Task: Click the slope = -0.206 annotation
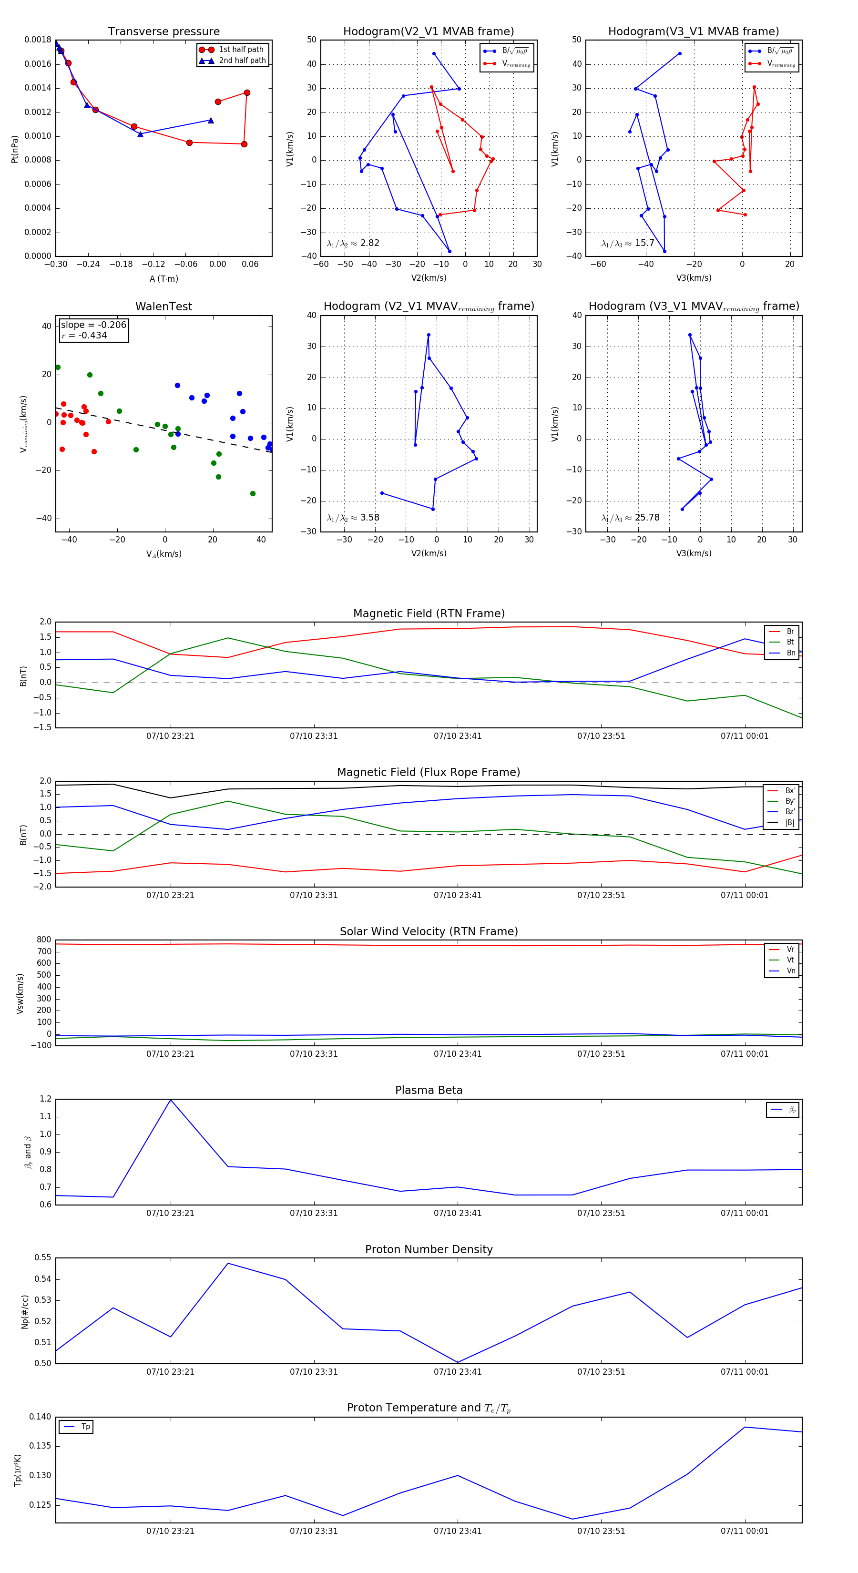click(93, 325)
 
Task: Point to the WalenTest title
click(163, 306)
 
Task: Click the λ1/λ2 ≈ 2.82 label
click(353, 243)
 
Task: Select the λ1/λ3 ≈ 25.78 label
click(630, 518)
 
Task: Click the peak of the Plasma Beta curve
click(170, 1100)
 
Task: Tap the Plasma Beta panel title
click(429, 1090)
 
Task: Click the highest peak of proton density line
click(228, 1263)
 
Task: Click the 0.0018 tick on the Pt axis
click(38, 40)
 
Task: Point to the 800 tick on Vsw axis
click(44, 940)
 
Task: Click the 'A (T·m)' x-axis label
click(163, 278)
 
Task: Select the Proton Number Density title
click(429, 1249)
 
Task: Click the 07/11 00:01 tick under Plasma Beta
click(745, 1213)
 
